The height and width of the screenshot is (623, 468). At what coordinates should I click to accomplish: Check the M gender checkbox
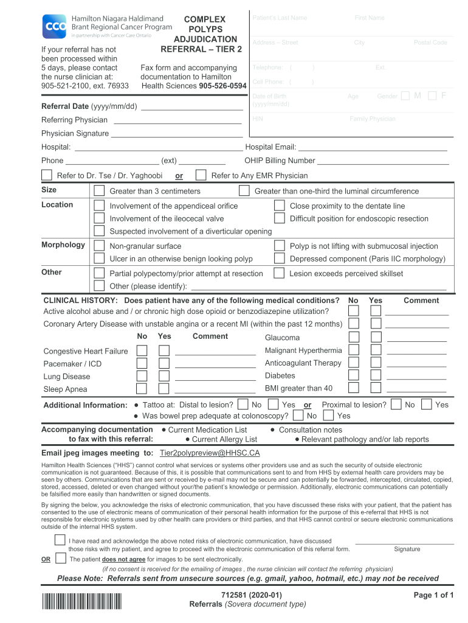[405, 96]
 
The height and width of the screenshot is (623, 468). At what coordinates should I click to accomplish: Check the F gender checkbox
[432, 96]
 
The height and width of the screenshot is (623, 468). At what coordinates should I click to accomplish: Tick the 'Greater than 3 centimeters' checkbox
[99, 191]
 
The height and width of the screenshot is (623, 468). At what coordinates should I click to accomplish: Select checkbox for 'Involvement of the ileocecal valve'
[99, 218]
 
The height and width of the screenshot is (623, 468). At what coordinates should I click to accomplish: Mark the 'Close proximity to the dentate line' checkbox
[279, 206]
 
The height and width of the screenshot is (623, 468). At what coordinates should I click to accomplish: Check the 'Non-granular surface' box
[99, 246]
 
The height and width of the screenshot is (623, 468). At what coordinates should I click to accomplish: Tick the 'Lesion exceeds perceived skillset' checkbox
[279, 273]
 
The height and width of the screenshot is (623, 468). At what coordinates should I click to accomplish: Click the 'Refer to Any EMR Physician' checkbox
[201, 175]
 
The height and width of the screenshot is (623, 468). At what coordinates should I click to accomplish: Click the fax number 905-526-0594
[222, 86]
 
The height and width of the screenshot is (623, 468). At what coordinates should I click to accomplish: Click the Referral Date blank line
[191, 106]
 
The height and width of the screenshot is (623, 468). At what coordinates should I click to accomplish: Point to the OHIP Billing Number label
[280, 161]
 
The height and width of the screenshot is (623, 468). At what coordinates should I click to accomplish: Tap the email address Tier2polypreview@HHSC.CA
[210, 453]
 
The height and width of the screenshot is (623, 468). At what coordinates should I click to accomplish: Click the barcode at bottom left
[81, 601]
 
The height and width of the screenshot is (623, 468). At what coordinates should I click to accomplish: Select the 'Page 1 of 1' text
[434, 595]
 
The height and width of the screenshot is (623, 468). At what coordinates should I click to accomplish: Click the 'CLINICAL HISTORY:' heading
[81, 301]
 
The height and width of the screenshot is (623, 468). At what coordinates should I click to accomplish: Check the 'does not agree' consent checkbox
[60, 559]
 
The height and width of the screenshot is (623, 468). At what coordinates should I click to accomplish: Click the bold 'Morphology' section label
[63, 245]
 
